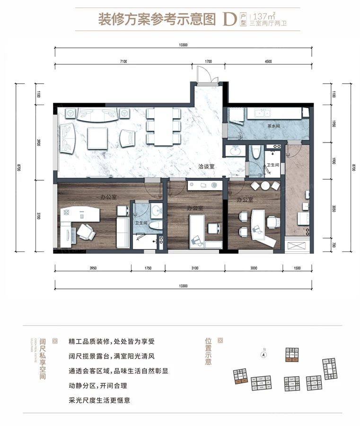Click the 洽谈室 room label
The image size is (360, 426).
point(207,167)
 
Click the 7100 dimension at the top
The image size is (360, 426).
point(123,61)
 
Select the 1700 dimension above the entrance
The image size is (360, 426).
point(209,61)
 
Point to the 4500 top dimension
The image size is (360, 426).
point(268,61)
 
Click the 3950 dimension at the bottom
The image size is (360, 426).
point(93,268)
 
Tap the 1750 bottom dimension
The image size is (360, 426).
point(148,268)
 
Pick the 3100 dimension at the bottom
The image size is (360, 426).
point(195,268)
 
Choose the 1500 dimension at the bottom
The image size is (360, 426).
point(297,268)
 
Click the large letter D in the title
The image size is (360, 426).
point(230,19)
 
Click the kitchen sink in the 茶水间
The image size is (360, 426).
point(261,113)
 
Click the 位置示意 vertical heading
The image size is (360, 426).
point(208,352)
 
